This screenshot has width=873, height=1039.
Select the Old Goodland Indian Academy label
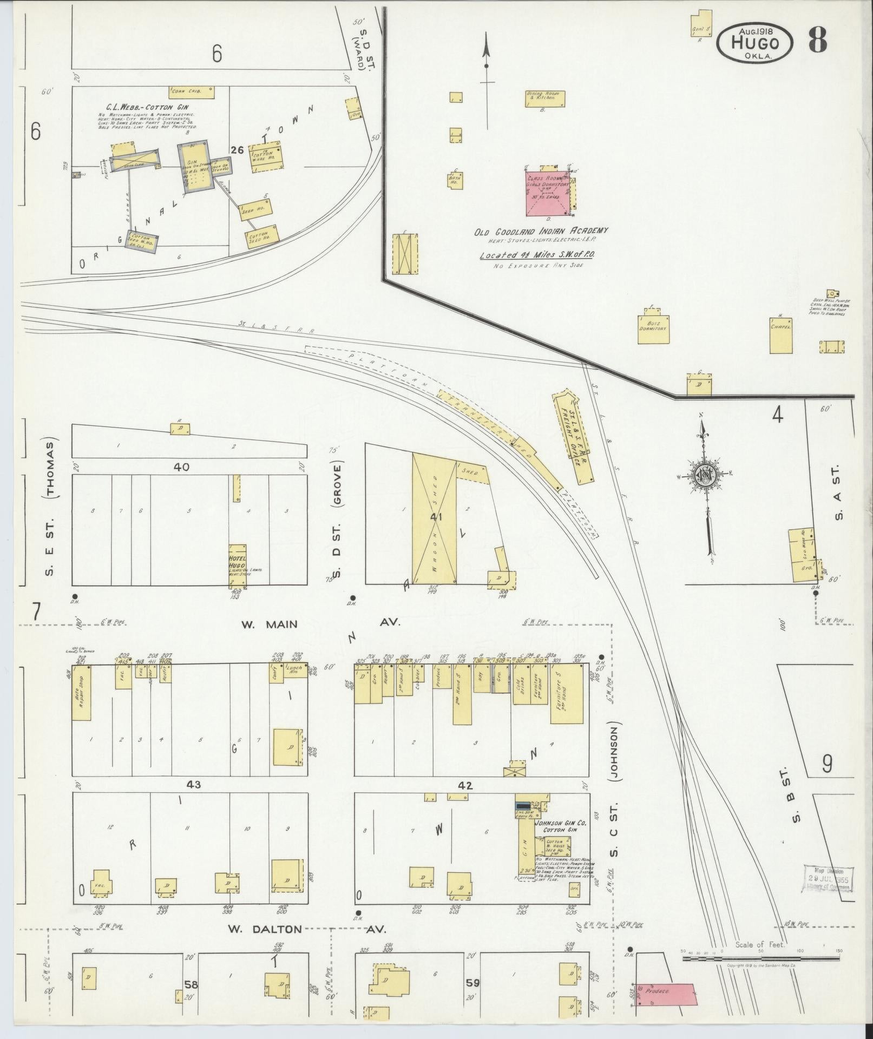coord(541,231)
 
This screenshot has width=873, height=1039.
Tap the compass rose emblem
coord(706,474)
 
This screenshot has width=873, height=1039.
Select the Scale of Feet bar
coord(761,958)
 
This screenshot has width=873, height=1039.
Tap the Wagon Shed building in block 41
coord(435,518)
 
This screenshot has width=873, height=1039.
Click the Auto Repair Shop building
coord(81,693)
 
